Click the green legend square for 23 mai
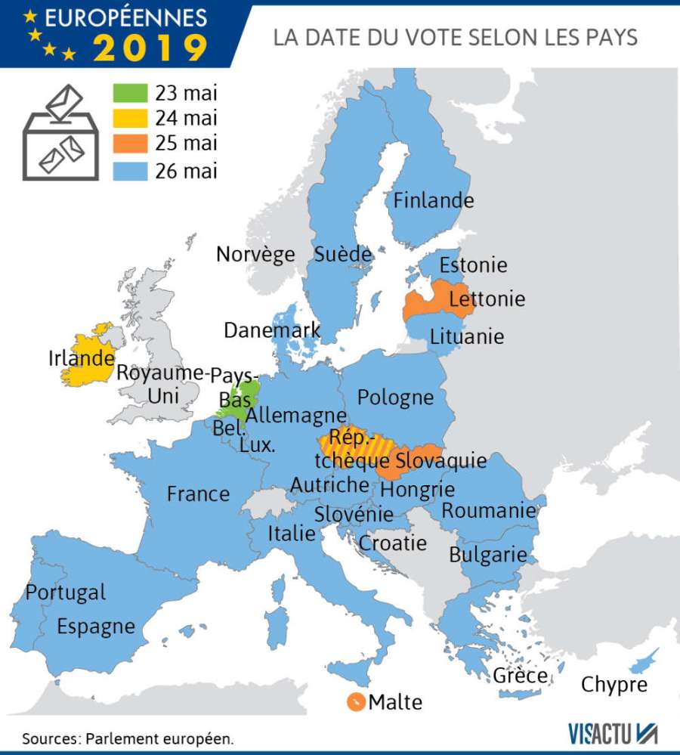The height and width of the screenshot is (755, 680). tap(131, 93)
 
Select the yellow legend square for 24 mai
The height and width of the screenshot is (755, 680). tap(131, 119)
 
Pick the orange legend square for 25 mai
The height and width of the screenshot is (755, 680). tap(131, 144)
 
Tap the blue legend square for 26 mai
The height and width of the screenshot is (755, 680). tap(131, 170)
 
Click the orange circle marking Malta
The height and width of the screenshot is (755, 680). tap(355, 702)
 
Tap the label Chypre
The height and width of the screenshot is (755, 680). tap(614, 685)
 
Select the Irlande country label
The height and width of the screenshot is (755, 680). tap(81, 357)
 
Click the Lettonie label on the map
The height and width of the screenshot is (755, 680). tap(487, 299)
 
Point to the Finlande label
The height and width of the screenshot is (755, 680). tap(434, 200)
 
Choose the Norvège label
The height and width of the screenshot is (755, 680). tap(255, 254)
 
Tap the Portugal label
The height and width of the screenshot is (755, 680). tap(66, 593)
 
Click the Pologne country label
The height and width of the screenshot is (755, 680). tap(395, 397)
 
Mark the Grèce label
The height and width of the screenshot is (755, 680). tap(520, 675)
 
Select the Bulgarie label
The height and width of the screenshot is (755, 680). tap(487, 555)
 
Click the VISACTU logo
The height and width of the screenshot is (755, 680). tap(613, 732)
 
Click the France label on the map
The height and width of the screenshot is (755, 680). tap(198, 494)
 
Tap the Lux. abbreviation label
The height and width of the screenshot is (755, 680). tap(257, 446)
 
